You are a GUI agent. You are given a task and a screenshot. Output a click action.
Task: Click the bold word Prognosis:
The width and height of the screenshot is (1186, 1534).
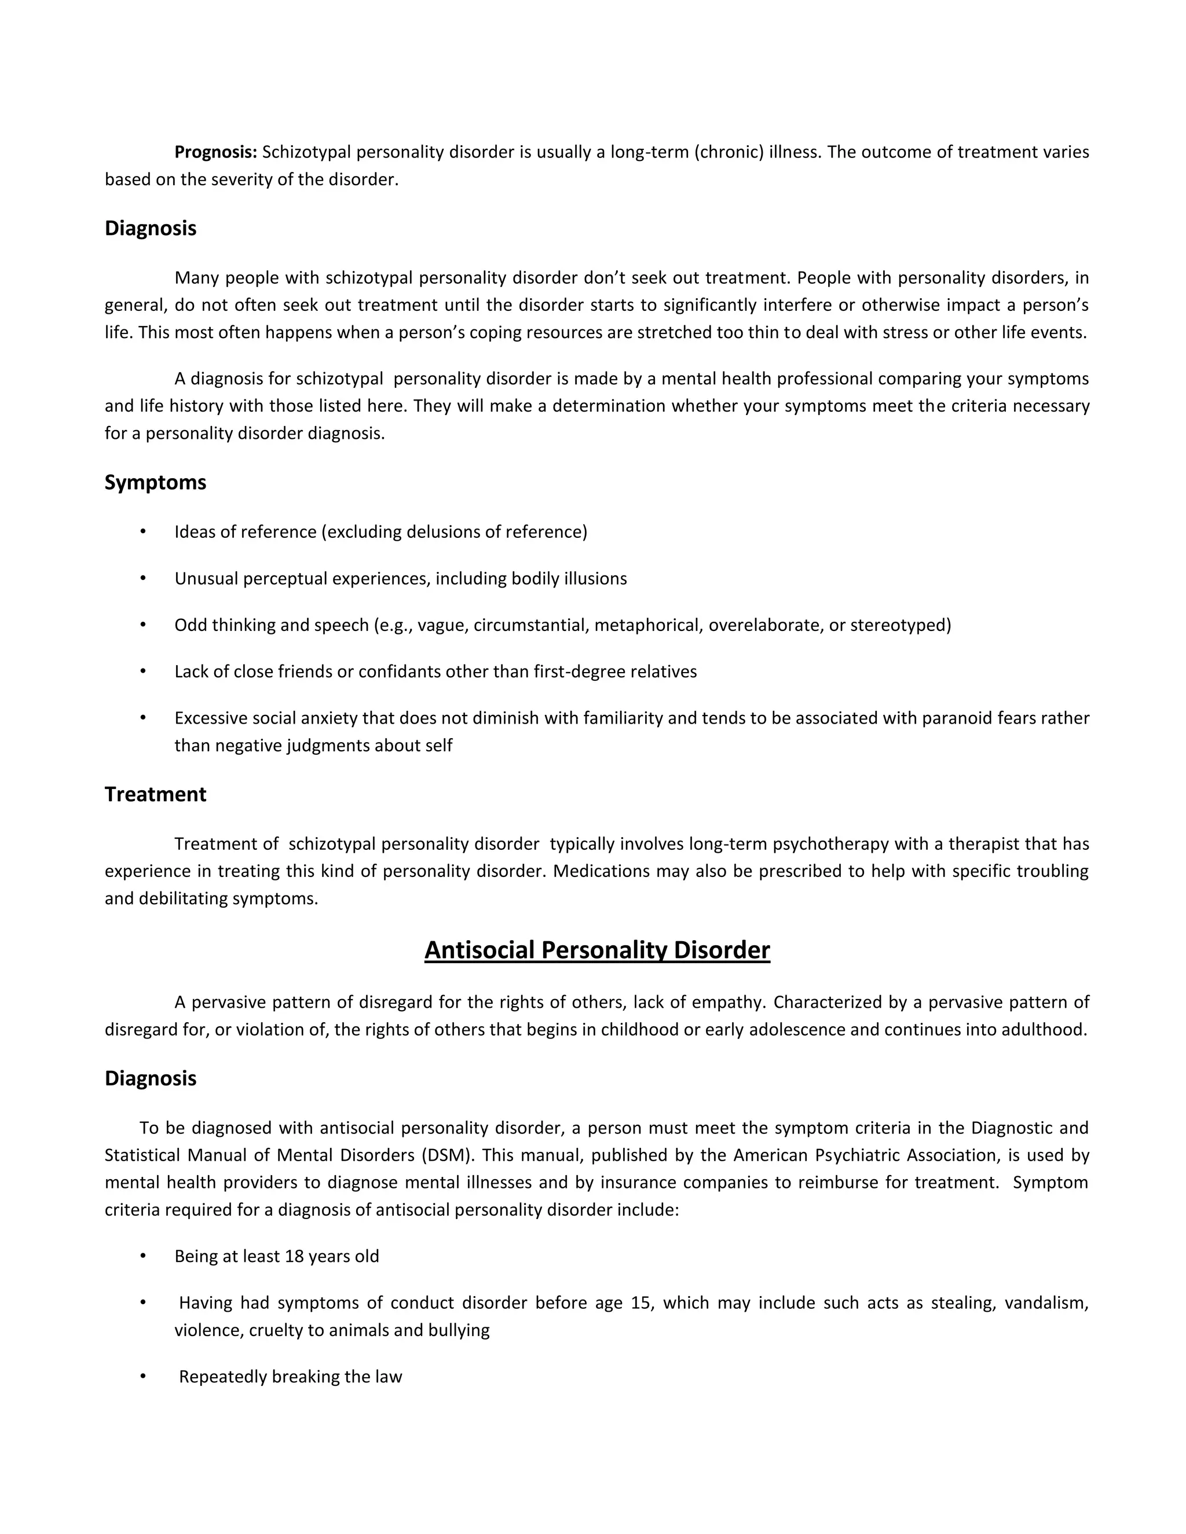click(215, 152)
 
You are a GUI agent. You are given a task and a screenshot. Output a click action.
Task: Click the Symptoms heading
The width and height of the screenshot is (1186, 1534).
click(155, 483)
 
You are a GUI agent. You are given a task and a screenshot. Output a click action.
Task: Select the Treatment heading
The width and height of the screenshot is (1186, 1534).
click(155, 794)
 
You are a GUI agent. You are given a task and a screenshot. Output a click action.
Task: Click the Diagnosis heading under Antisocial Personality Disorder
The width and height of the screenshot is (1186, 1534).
click(151, 1078)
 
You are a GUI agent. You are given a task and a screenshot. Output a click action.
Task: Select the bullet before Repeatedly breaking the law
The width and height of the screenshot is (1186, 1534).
click(144, 1377)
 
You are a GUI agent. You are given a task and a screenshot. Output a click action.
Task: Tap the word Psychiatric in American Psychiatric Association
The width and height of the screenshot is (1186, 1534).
click(860, 1155)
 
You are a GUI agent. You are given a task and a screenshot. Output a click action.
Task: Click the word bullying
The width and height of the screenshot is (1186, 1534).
click(459, 1330)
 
